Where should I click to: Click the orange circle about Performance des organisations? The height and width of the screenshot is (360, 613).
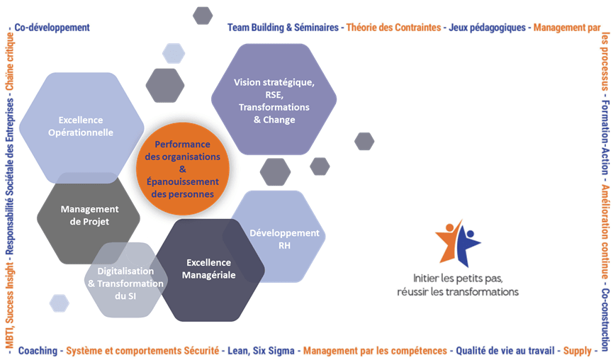click(x=186, y=169)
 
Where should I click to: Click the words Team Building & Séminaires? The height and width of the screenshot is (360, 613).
click(x=283, y=28)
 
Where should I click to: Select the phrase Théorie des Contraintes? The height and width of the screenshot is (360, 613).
click(x=392, y=28)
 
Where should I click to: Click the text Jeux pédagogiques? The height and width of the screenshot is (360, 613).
click(x=487, y=28)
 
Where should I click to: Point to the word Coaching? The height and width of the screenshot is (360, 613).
click(x=38, y=350)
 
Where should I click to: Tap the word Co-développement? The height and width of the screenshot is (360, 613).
click(x=52, y=28)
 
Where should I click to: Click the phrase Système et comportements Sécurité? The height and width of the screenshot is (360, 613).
click(x=142, y=350)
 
